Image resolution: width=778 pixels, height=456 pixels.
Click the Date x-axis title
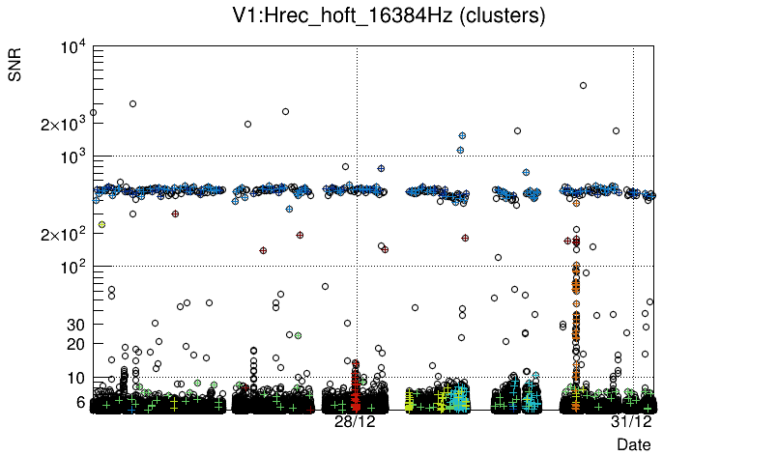(x=634, y=444)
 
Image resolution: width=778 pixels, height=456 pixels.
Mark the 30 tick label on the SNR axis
(x=76, y=325)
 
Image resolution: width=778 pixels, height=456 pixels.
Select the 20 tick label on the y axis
(x=76, y=344)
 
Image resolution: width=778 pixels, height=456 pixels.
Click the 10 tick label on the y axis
(x=76, y=378)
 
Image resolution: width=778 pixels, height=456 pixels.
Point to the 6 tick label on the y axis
(x=80, y=402)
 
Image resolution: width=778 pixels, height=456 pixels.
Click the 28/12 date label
(x=355, y=422)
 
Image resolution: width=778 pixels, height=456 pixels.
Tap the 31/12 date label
(x=631, y=422)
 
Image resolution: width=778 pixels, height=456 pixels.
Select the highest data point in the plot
(x=583, y=85)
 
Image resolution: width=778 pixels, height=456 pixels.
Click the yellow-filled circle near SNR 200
(x=101, y=224)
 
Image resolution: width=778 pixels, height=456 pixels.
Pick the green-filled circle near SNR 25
(x=298, y=335)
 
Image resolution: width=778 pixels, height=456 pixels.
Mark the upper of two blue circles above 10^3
(x=463, y=136)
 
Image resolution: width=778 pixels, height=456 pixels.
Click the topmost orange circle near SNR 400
(x=576, y=203)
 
